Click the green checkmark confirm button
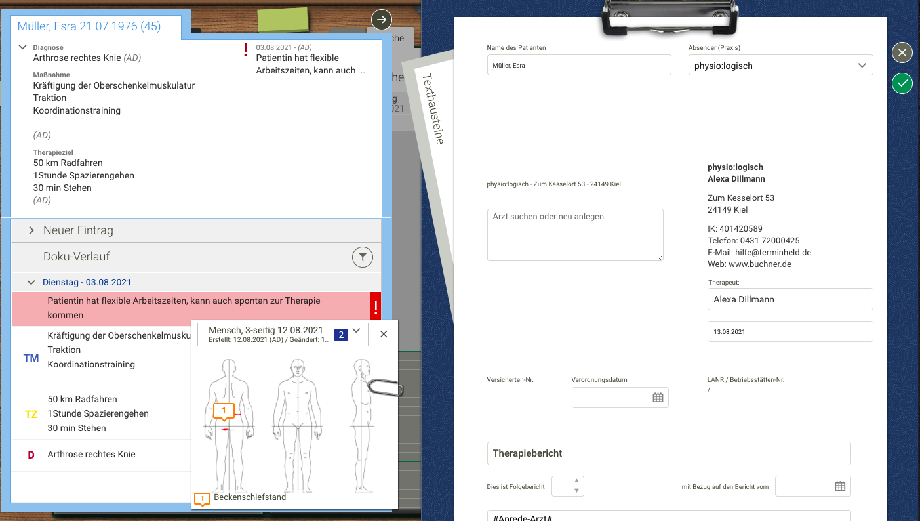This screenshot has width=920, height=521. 902,83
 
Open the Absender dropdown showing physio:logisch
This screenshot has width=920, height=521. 780,66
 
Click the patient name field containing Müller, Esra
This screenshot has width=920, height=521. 578,65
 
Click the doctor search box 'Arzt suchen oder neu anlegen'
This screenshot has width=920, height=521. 575,234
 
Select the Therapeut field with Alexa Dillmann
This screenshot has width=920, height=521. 790,299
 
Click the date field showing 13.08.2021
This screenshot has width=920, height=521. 790,331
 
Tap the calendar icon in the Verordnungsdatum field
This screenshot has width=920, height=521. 658,398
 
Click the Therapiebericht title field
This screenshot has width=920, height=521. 668,453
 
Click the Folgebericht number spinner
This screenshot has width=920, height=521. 568,486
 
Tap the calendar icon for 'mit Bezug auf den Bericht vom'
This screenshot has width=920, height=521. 840,486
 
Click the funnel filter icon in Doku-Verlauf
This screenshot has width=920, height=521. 362,257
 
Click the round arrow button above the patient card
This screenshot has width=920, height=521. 382,20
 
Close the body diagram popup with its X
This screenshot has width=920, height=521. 384,334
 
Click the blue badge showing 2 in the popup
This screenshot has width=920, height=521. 340,335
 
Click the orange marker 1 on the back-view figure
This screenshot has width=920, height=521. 224,411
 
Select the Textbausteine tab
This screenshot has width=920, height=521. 433,108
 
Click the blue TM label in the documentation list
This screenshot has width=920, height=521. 31,358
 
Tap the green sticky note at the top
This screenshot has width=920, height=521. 283,20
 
